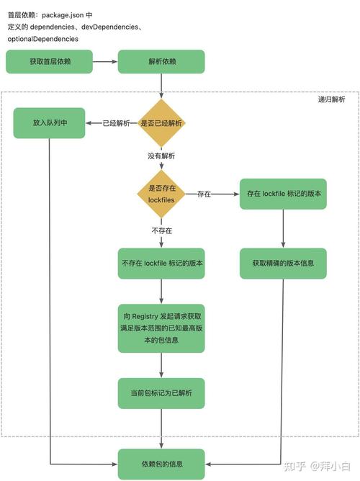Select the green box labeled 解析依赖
tap(161, 62)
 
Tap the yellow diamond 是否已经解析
tap(161, 123)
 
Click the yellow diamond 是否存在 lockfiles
tap(161, 194)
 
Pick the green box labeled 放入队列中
tap(49, 123)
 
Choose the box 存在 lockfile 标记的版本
tap(282, 194)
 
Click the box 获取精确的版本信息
tap(282, 264)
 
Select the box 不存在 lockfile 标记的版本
tap(161, 264)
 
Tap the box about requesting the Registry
tap(161, 328)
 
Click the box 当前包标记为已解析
tap(161, 393)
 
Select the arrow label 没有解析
tap(161, 155)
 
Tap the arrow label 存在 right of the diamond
tap(204, 194)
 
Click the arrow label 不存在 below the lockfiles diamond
tap(161, 230)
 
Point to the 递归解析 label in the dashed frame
tap(331, 100)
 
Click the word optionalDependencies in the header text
tap(42, 39)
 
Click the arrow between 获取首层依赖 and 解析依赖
tap(104, 62)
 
